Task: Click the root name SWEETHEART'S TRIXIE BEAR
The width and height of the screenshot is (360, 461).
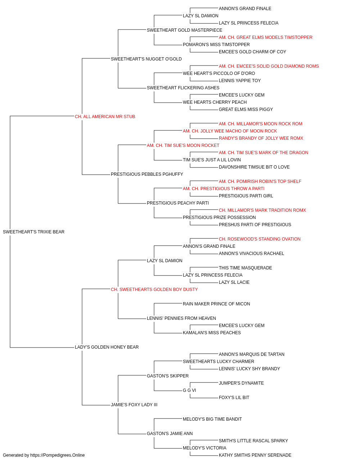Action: (33, 232)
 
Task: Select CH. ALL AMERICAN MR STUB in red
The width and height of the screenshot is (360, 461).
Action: (105, 117)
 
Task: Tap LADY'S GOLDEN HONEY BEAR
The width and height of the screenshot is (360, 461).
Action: (107, 347)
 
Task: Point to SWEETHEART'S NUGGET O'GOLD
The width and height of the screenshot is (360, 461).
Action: (146, 59)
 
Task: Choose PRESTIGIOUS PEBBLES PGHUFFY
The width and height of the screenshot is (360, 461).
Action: (147, 174)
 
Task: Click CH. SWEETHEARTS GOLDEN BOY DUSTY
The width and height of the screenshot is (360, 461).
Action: (154, 290)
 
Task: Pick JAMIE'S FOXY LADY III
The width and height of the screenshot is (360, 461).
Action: (134, 405)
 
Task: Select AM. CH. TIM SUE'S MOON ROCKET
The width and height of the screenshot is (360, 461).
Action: (183, 146)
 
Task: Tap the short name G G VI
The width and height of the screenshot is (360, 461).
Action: (189, 390)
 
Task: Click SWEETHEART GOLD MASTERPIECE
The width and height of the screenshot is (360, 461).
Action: (184, 30)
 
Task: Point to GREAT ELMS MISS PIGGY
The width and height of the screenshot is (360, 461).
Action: (246, 109)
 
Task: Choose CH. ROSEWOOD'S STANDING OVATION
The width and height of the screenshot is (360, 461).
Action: (260, 239)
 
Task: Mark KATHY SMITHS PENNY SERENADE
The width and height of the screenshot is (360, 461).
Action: (255, 455)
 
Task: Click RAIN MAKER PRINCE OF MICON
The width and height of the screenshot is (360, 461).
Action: (216, 304)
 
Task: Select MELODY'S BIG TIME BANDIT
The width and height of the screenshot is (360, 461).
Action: (212, 419)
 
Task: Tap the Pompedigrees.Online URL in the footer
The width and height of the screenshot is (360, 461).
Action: (58, 455)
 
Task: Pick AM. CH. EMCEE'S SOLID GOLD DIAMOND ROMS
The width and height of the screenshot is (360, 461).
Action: (269, 66)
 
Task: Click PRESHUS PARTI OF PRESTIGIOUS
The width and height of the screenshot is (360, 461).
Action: (255, 225)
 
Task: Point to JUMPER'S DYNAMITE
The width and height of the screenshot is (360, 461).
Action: (241, 383)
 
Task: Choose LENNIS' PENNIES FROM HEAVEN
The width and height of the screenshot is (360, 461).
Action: (181, 318)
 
